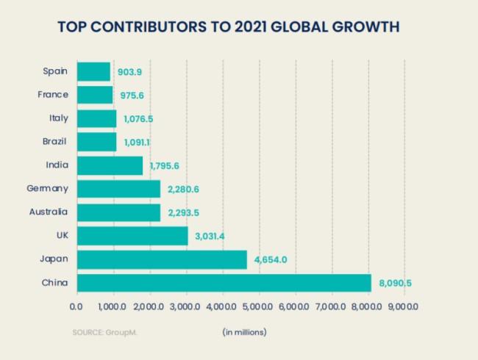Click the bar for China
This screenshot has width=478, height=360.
coord(224,283)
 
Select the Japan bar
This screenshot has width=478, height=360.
coord(162,259)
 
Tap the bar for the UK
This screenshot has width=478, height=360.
coord(132,236)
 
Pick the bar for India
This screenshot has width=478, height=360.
coord(110,165)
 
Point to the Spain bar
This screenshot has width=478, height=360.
coord(93,71)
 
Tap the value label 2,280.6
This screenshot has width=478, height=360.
coord(183,190)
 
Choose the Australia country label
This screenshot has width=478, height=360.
coord(49,212)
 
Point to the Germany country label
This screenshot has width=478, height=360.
coord(47,189)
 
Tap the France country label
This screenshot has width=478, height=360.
coord(53,95)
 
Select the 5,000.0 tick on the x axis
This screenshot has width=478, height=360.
coord(257,306)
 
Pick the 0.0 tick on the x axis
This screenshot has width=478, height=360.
coord(76,306)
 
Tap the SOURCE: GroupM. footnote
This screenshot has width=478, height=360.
coord(104,332)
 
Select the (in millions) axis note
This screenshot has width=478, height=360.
coord(245,332)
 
